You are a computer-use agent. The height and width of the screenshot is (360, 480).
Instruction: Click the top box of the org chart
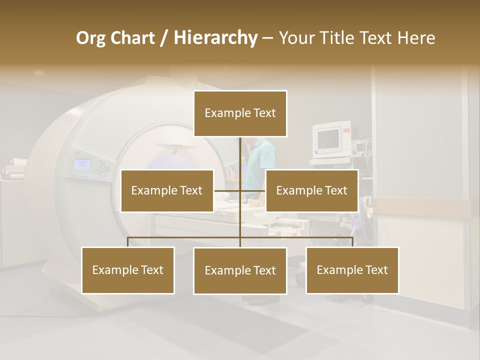click(240, 113)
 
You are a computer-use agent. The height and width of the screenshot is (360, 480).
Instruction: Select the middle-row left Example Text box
click(167, 191)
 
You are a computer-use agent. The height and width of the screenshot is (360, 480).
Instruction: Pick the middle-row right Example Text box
click(311, 191)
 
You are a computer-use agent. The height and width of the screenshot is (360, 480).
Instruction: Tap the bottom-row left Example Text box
click(127, 270)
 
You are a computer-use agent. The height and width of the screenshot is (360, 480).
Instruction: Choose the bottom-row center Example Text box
click(240, 271)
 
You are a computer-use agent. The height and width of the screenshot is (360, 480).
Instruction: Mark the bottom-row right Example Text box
click(352, 270)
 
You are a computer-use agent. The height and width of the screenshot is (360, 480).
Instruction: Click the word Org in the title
click(90, 38)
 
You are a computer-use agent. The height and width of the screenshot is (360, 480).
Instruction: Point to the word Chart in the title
click(133, 38)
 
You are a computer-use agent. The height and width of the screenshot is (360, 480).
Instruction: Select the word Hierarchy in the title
click(215, 38)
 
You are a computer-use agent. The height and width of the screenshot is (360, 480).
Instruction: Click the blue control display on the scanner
click(82, 164)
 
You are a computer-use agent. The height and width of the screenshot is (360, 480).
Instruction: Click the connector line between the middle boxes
click(227, 190)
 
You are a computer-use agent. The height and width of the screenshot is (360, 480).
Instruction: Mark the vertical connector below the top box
click(240, 152)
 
